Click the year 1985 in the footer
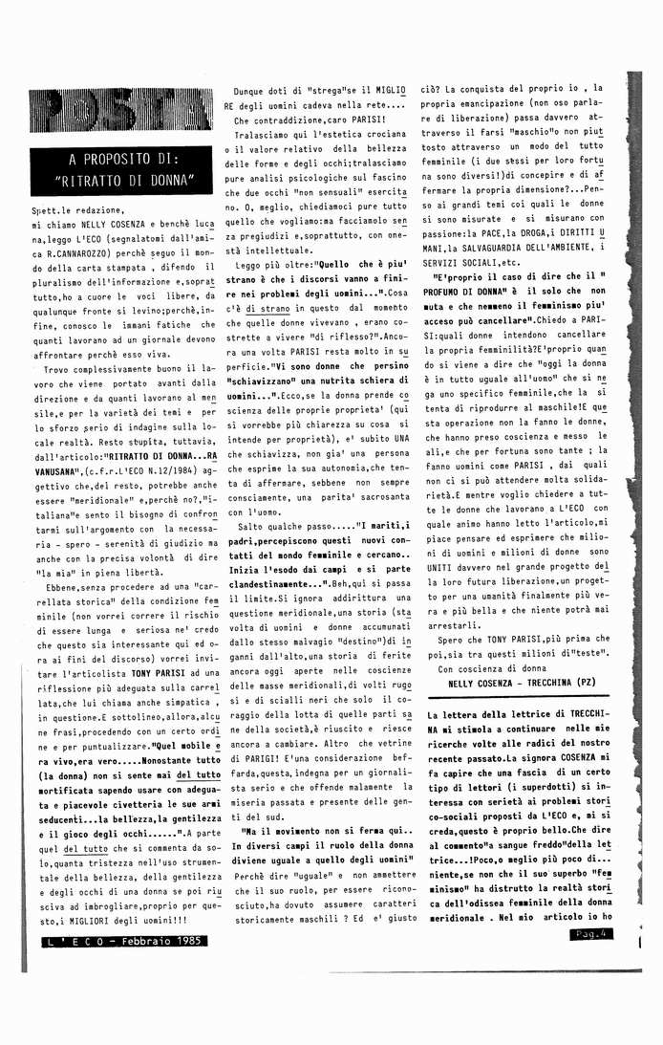(x=182, y=941)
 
